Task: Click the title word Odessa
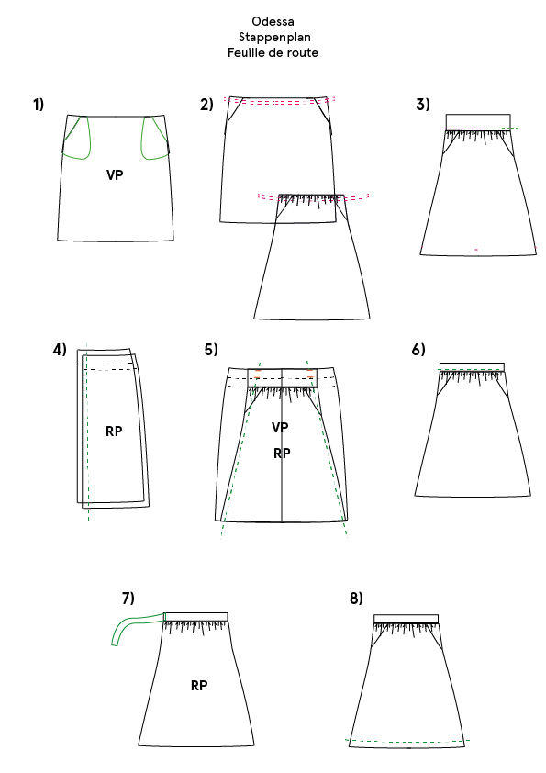(273, 21)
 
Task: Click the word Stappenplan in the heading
(274, 37)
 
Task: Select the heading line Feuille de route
(273, 52)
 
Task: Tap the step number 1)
(39, 105)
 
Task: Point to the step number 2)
(206, 105)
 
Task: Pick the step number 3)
(423, 105)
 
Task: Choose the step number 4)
(60, 350)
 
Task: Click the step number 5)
(211, 350)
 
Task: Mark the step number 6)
(418, 350)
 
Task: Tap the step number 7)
(128, 598)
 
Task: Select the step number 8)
(356, 598)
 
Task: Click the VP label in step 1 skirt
(115, 175)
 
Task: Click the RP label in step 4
(114, 431)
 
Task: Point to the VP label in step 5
(280, 428)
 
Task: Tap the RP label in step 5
(282, 453)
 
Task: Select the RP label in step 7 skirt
(199, 685)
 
